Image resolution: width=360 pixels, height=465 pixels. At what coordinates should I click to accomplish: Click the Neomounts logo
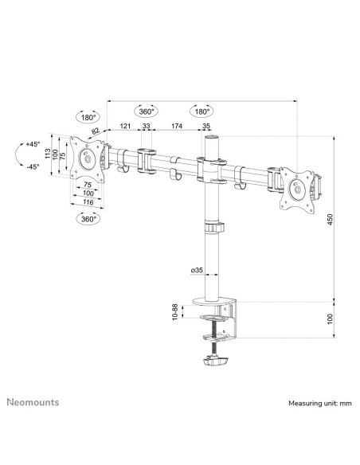(x=33, y=402)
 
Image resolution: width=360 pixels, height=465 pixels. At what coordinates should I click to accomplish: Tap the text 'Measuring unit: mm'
(x=320, y=404)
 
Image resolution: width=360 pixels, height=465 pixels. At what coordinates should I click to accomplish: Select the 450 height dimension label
(x=331, y=220)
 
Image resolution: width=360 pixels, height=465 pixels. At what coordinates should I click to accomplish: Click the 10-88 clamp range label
(x=174, y=311)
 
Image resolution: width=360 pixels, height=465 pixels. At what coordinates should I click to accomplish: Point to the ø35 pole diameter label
(x=197, y=270)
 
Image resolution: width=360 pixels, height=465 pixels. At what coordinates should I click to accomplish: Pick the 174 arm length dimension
(x=177, y=126)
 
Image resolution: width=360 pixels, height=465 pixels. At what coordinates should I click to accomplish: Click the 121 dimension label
(x=125, y=126)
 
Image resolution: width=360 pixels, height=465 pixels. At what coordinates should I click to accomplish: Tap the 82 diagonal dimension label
(x=96, y=131)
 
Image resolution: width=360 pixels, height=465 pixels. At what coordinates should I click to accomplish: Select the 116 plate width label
(x=88, y=202)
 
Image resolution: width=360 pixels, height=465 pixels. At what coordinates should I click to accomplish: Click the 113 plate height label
(x=48, y=154)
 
